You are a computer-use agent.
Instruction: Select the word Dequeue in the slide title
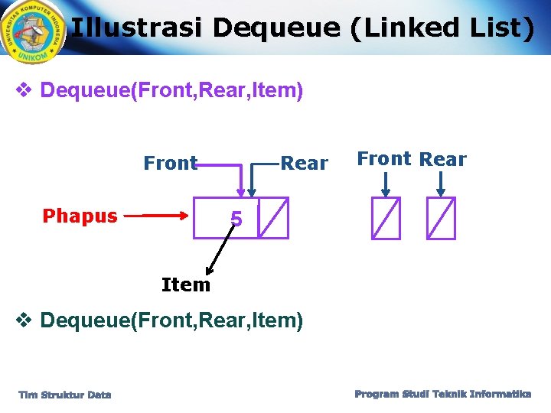[276, 28]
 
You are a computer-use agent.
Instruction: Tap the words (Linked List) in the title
[442, 28]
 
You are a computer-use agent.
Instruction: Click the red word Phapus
[80, 216]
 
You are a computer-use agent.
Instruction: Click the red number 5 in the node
[236, 220]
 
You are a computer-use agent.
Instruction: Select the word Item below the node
[185, 285]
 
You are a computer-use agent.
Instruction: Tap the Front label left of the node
[170, 163]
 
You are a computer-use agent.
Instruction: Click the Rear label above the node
[304, 163]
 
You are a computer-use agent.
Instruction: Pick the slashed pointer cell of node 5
[273, 218]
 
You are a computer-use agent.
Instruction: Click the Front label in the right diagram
[384, 159]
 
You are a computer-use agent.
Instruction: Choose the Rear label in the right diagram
[443, 159]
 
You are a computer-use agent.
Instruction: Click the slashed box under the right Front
[385, 218]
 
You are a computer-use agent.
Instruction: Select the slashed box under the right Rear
[442, 218]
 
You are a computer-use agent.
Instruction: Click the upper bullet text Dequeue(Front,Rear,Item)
[171, 91]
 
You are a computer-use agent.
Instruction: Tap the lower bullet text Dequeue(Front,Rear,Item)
[171, 320]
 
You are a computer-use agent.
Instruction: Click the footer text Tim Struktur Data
[65, 395]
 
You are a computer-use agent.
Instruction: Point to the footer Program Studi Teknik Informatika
[443, 394]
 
